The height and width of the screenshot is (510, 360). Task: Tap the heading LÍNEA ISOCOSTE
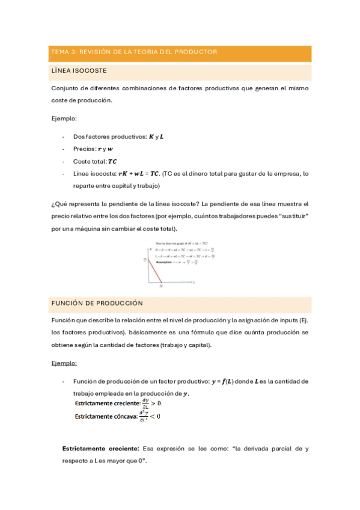point(79,71)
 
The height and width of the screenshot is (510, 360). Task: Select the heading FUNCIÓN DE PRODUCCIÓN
point(97,303)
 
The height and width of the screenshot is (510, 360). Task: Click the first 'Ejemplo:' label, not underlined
point(64,118)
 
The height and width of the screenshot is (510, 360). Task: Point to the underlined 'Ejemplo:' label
point(64,363)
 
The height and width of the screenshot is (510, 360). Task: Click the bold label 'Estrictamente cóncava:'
point(106,416)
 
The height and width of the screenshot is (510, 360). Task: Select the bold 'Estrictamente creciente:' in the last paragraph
point(100,449)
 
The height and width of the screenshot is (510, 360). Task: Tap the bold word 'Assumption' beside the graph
point(163,263)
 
